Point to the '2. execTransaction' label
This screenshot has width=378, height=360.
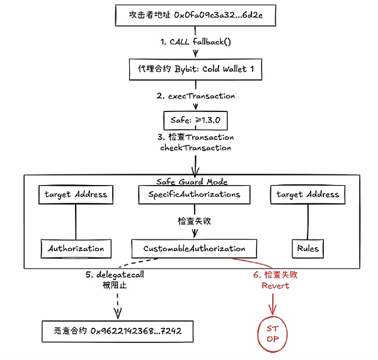pos(196,96)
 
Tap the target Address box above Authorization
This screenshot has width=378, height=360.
pos(76,194)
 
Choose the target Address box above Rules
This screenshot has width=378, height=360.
pos(307,194)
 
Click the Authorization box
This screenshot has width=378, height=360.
pos(76,248)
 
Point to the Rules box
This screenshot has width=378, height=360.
pos(307,248)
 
